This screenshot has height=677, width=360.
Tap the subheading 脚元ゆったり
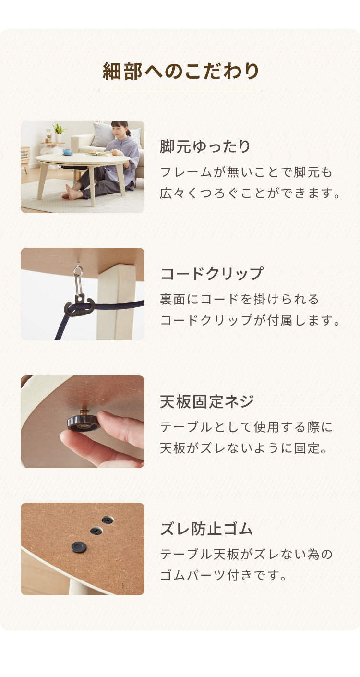click(x=205, y=146)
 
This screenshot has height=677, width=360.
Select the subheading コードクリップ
click(x=212, y=274)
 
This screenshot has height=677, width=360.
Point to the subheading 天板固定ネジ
click(x=206, y=401)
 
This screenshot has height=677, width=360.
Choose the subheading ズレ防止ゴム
click(x=206, y=529)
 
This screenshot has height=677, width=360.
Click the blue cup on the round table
click(x=67, y=151)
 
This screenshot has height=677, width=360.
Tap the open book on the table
click(x=98, y=153)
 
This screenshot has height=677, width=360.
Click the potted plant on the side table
click(x=59, y=132)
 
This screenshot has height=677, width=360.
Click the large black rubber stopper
click(x=79, y=546)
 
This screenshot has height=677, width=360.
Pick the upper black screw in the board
click(x=107, y=520)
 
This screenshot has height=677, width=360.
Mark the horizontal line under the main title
click(x=180, y=92)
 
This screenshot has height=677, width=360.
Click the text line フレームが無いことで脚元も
click(x=246, y=172)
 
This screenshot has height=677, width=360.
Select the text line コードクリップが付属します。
click(x=250, y=320)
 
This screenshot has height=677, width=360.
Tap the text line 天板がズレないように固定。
click(x=244, y=448)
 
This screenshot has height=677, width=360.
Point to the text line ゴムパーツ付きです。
click(x=223, y=575)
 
